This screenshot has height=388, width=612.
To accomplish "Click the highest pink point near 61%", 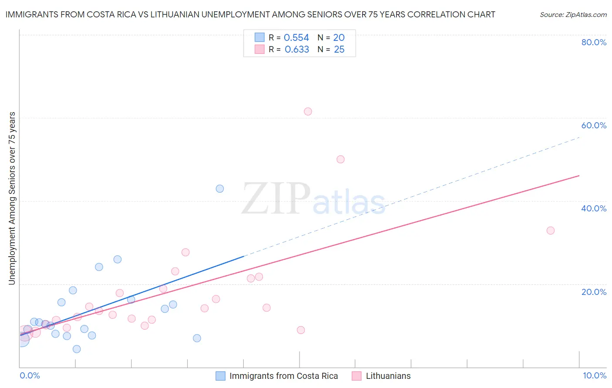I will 308,111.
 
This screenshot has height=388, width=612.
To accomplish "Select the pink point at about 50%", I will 340,159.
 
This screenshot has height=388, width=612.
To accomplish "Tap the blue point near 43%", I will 220,189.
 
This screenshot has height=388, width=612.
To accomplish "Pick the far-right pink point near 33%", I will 551,231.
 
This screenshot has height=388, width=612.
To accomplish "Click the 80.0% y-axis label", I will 594,42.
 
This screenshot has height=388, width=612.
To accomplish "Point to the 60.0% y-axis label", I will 594,125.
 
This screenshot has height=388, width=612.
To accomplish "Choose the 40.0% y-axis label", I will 594,208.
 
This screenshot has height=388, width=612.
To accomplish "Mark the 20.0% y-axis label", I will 594,292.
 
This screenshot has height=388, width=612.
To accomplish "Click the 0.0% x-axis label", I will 30,375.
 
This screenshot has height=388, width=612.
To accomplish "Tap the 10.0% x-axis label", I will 594,375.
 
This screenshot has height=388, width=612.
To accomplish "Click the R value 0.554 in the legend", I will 296,38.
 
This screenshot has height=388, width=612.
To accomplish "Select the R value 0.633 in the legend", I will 297,50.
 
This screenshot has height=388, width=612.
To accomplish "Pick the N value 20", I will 339,38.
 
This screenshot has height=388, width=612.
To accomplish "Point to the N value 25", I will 339,50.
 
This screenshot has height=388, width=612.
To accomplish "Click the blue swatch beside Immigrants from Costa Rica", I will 221,376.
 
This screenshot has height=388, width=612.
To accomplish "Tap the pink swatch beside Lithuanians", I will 357,376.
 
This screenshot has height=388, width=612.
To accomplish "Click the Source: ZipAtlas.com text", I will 573,15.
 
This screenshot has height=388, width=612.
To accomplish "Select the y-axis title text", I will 12,198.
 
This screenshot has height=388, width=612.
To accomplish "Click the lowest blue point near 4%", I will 77,349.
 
